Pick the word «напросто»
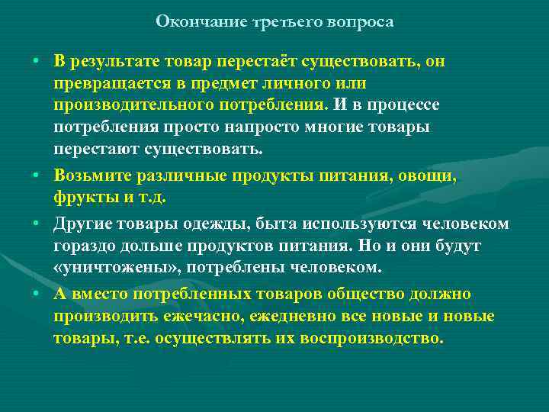coord(250,126)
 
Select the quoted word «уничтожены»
coord(111,268)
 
